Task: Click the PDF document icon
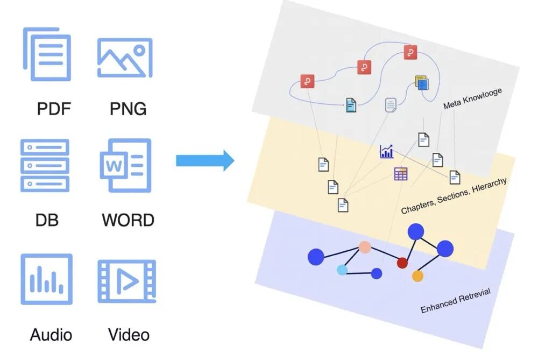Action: pos(47,54)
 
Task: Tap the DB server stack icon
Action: pos(45,165)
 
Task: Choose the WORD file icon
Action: pos(125,165)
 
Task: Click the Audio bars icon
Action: pos(46,279)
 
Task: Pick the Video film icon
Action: pos(126,280)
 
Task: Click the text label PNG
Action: pos(128,109)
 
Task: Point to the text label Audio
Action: pos(51,335)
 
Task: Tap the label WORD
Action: pos(128,220)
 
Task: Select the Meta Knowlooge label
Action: pos(473,98)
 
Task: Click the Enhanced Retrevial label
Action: pos(456,301)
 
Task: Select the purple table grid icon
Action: pos(400,173)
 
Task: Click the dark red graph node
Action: pos(402,263)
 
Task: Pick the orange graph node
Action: pos(417,276)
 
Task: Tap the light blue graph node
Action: pos(342,270)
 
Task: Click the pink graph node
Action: pos(365,247)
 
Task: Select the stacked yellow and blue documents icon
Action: pos(422,83)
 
